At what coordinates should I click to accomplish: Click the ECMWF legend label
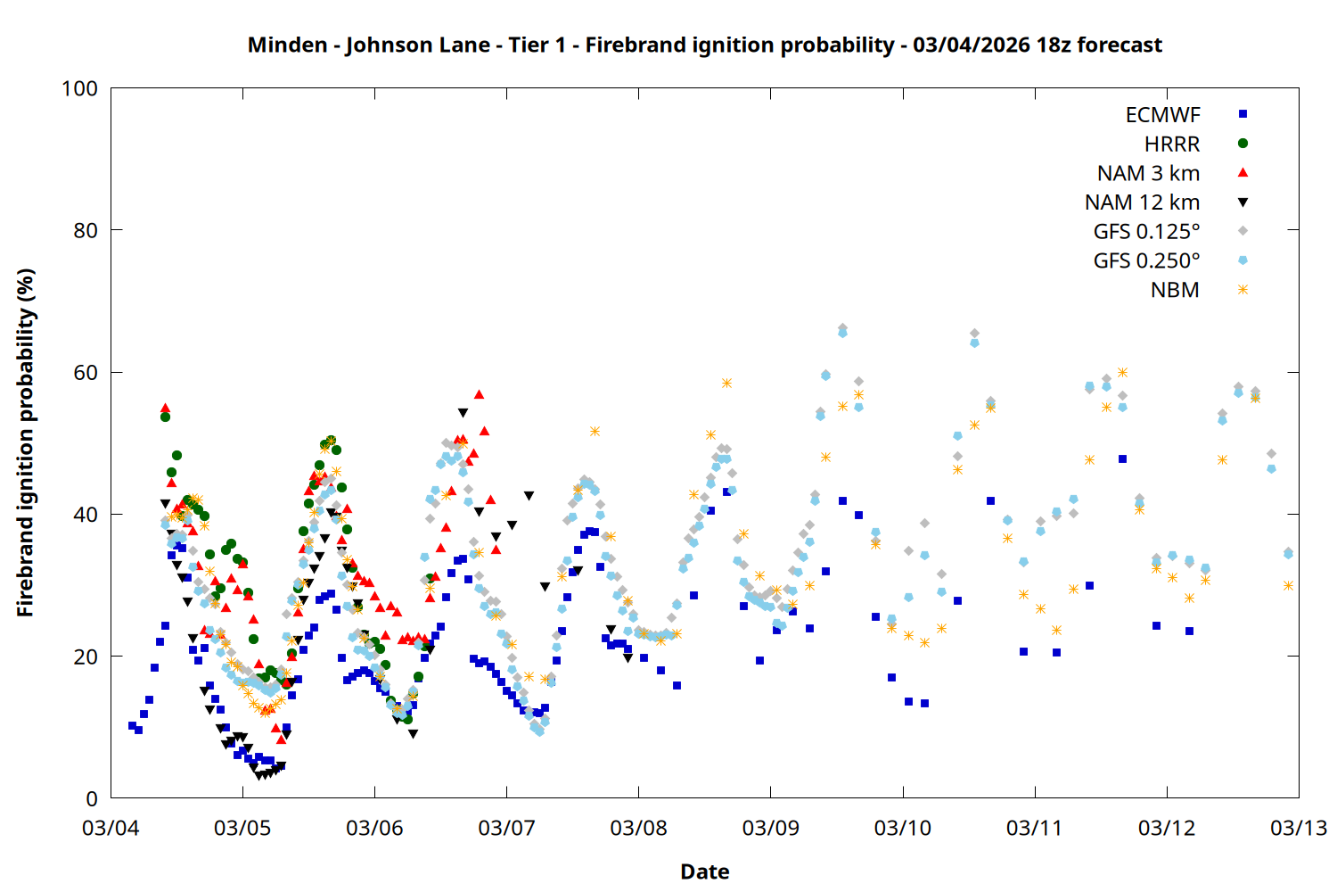(x=1162, y=115)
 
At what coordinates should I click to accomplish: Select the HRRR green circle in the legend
(x=1243, y=144)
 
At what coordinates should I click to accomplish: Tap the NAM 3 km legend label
(x=1148, y=173)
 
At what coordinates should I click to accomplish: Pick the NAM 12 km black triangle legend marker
(x=1243, y=202)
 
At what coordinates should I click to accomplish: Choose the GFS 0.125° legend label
(x=1146, y=232)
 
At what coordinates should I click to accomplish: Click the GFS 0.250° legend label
(x=1146, y=261)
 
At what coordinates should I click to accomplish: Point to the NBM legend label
(x=1175, y=291)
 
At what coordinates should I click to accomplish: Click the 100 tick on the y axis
(x=79, y=89)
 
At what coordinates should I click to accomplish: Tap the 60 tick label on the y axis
(x=86, y=373)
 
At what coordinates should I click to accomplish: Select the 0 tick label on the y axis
(x=92, y=799)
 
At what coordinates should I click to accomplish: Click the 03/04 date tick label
(x=111, y=828)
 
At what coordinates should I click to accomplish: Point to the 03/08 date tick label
(x=638, y=828)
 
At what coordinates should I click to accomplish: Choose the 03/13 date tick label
(x=1299, y=828)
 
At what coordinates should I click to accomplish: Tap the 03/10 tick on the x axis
(x=903, y=828)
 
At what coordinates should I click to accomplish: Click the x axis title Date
(x=704, y=871)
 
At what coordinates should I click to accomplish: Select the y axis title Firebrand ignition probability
(x=26, y=442)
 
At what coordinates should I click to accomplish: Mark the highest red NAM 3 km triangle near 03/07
(x=480, y=394)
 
